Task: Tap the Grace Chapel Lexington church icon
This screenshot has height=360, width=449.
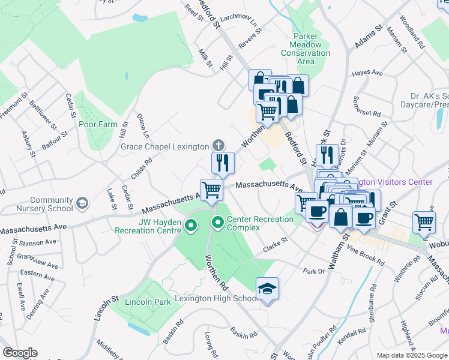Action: pyautogui.click(x=218, y=145)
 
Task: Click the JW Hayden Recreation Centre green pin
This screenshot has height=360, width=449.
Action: pyautogui.click(x=191, y=226)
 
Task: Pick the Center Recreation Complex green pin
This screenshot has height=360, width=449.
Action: pyautogui.click(x=217, y=223)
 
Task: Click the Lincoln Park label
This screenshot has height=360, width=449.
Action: pyautogui.click(x=148, y=302)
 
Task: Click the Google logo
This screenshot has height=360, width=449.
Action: pyautogui.click(x=20, y=353)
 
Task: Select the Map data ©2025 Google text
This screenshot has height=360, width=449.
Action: pyautogui.click(x=412, y=355)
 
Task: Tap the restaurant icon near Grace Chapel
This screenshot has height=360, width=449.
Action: pyautogui.click(x=221, y=162)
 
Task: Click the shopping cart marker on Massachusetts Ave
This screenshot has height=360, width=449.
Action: pyautogui.click(x=211, y=190)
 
